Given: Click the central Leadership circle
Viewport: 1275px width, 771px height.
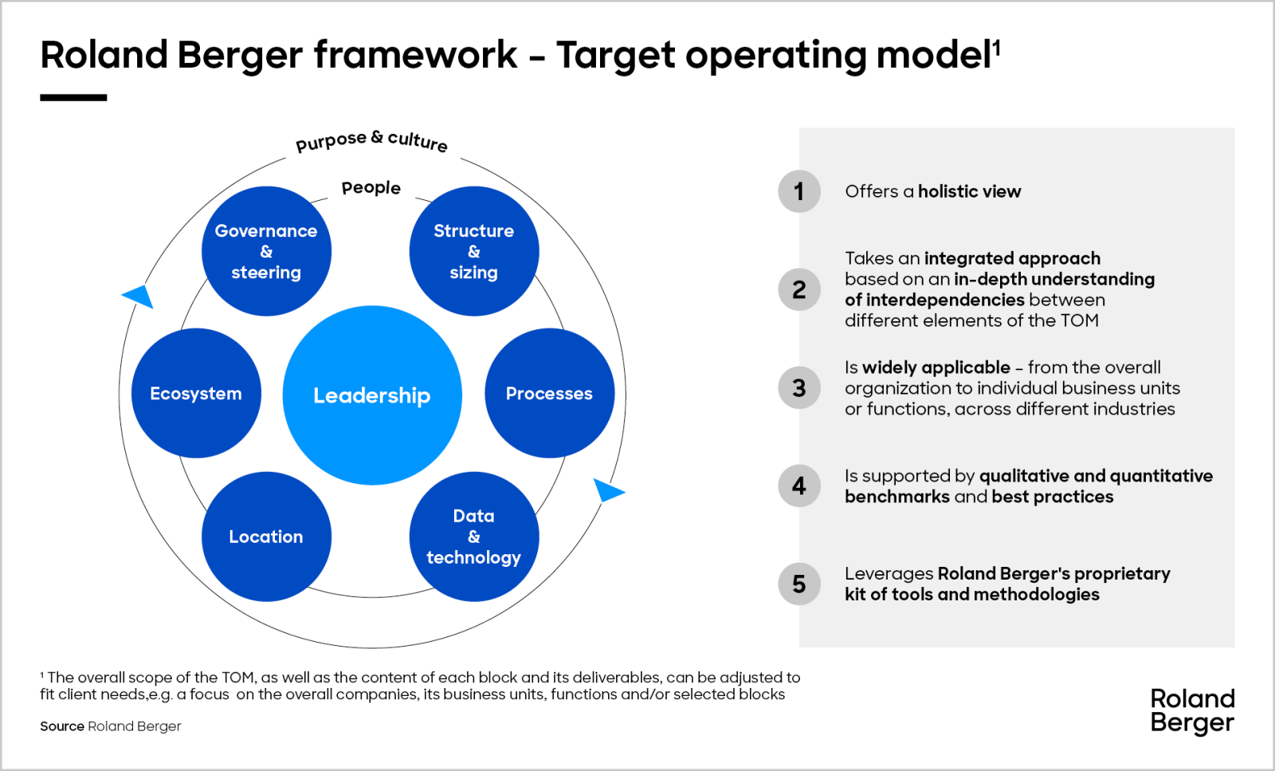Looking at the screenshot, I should [372, 395].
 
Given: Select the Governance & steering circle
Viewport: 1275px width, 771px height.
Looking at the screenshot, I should [266, 251].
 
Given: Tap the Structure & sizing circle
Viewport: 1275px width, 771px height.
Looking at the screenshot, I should [473, 251].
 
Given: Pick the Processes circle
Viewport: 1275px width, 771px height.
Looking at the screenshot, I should [549, 393].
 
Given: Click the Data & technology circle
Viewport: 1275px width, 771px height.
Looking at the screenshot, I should [473, 537].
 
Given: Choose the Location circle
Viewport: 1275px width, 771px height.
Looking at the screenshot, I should [266, 537].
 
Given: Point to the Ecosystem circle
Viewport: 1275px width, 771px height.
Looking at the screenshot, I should [196, 393].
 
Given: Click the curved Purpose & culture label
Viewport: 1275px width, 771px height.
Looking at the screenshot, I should [371, 141].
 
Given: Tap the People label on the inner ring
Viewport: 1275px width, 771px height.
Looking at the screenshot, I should [371, 188].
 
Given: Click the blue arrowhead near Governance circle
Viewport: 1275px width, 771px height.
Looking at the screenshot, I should [139, 296].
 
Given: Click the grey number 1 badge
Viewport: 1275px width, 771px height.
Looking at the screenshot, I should [798, 191].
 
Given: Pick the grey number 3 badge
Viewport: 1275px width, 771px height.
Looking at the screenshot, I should [798, 387].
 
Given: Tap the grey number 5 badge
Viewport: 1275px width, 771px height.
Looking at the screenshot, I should [798, 584].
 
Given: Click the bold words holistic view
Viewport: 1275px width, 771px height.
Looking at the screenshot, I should [969, 191].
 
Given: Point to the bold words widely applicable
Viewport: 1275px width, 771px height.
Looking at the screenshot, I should [936, 368].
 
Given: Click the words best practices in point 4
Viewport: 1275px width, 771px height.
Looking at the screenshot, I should [1053, 497].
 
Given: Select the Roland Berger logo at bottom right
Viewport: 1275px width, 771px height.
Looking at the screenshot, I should [1192, 710].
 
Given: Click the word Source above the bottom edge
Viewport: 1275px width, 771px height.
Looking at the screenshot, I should [62, 726].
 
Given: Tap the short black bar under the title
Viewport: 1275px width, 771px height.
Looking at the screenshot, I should [73, 97].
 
